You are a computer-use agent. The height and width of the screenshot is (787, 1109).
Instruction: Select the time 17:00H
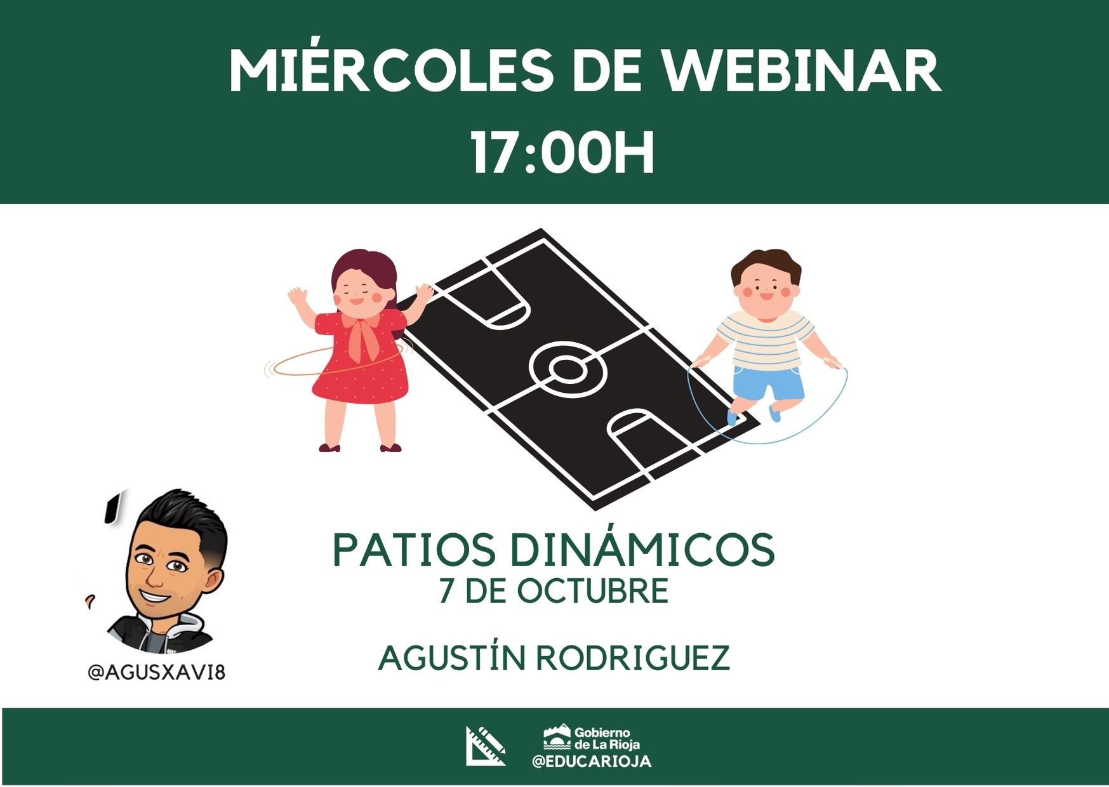[562, 153]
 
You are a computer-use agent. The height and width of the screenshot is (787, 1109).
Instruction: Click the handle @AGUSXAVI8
[157, 672]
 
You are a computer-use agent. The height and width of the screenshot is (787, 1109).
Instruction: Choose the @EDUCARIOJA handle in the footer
[592, 762]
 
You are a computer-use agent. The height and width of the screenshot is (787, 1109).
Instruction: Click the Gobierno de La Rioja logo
[592, 737]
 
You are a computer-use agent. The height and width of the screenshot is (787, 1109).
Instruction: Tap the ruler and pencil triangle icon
[486, 746]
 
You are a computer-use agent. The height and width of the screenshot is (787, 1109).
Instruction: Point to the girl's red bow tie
[363, 334]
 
